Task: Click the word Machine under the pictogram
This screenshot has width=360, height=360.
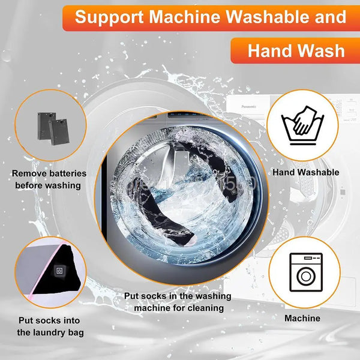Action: [x=302, y=318]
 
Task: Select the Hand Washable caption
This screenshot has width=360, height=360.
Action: [x=305, y=172]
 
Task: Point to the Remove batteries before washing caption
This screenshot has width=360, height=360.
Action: [x=49, y=179]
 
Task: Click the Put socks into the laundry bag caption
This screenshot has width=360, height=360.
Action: [x=50, y=326]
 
